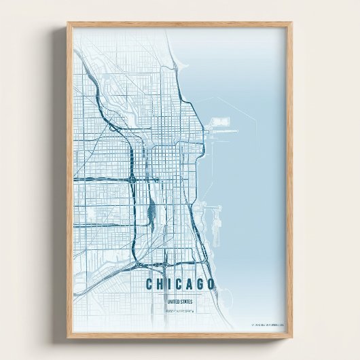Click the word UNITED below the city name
click(x=173, y=302)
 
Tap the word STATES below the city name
click(x=185, y=302)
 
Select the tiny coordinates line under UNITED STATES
click(x=179, y=311)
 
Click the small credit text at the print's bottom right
click(x=267, y=325)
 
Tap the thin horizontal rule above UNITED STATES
click(x=179, y=295)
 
